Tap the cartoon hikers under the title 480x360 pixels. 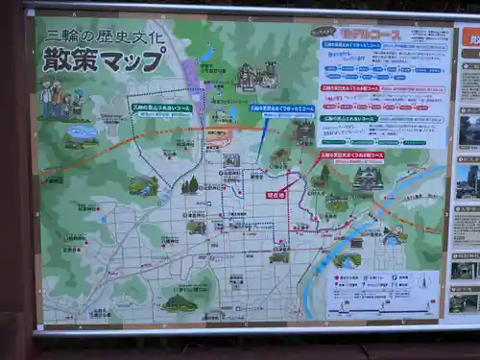[60, 100]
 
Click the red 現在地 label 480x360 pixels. [276, 194]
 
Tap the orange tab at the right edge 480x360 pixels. [471, 36]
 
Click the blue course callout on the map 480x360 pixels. [281, 108]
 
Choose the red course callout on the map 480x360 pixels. [351, 154]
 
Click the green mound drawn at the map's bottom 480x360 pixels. [180, 303]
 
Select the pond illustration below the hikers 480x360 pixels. [82, 135]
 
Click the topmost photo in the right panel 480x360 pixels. [469, 129]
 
